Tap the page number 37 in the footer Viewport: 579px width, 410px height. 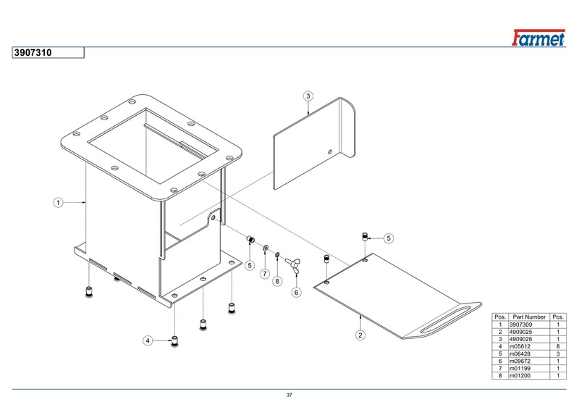pyautogui.click(x=289, y=395)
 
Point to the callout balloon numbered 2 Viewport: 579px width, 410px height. pyautogui.click(x=360, y=335)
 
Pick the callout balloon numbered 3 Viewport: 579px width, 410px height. pyautogui.click(x=308, y=96)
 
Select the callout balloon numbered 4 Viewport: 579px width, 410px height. pyautogui.click(x=148, y=340)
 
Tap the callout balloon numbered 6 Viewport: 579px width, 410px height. pyautogui.click(x=296, y=293)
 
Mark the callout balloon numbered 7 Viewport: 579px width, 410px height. pyautogui.click(x=265, y=275)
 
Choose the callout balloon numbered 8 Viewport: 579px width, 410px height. pyautogui.click(x=276, y=281)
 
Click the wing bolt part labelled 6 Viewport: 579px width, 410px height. pyautogui.click(x=295, y=262)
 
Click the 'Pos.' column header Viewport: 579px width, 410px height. pyautogui.click(x=499, y=317)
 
